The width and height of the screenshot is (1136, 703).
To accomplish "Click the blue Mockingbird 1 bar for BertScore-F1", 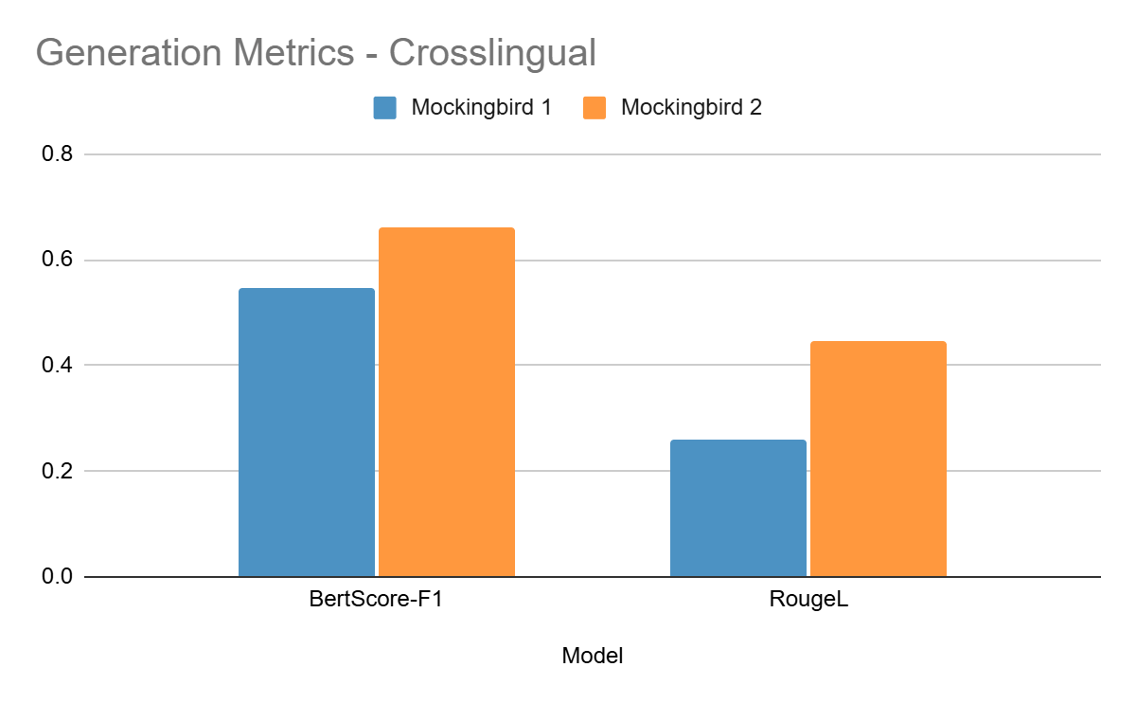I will click(x=306, y=432).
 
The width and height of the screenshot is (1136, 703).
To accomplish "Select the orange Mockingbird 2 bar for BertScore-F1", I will click(x=446, y=402).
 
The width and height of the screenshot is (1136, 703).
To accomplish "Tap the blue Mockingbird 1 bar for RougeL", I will click(x=737, y=508).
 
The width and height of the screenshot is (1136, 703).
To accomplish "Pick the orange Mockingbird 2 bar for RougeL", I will click(x=878, y=459).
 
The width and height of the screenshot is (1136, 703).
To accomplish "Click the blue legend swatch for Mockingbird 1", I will click(x=384, y=108).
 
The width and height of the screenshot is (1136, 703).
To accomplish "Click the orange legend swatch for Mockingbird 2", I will click(x=595, y=108).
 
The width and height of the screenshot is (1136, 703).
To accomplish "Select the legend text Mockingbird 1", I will click(x=481, y=108).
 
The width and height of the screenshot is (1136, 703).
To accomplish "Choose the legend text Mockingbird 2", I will click(x=691, y=108).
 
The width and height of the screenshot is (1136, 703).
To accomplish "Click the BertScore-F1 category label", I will click(x=376, y=602).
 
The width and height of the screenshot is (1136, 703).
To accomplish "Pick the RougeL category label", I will click(x=808, y=602).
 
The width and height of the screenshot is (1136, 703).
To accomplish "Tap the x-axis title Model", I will click(x=593, y=656).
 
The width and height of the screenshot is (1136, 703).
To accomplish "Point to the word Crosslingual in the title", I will click(x=492, y=53).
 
